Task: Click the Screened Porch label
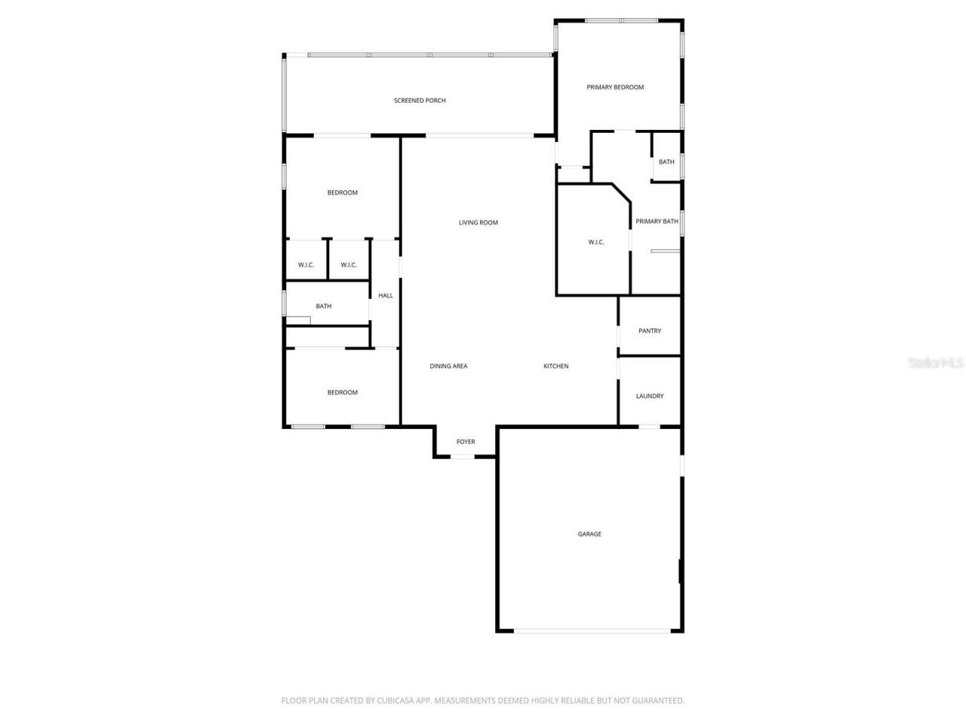click(x=420, y=100)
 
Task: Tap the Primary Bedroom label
click(x=615, y=88)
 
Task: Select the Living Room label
click(x=478, y=223)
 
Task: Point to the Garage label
click(x=589, y=535)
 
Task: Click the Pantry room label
click(x=650, y=331)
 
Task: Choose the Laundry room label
click(x=650, y=396)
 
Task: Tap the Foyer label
click(x=466, y=442)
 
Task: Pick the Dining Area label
click(x=448, y=366)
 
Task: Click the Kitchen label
click(x=556, y=366)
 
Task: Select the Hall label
click(x=386, y=296)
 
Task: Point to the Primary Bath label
click(x=657, y=221)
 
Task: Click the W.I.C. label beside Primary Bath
click(x=596, y=242)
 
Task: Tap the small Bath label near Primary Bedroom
click(x=666, y=162)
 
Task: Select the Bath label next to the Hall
click(x=324, y=307)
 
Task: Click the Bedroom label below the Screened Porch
click(x=342, y=193)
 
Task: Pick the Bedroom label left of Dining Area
click(x=342, y=393)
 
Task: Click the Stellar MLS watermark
click(x=936, y=363)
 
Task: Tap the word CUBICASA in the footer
click(x=398, y=701)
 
